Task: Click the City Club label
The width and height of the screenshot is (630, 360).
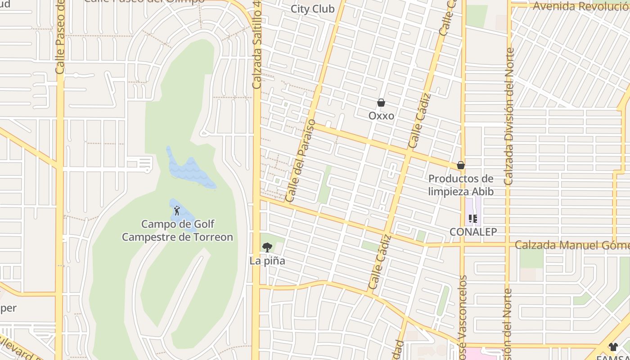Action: pos(312,9)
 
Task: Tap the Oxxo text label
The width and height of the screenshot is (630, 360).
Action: pos(381,116)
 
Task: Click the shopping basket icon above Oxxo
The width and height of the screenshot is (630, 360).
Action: pos(381,103)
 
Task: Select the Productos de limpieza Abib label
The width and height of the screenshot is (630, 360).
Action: pos(461,185)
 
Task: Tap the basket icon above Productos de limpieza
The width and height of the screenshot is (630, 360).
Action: pos(461,166)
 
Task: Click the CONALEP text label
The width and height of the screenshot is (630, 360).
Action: pos(473,232)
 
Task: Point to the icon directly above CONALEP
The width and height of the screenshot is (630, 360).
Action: pos(473,219)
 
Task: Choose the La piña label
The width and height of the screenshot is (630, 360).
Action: pos(267,261)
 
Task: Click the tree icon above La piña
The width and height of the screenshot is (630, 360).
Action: pos(267,247)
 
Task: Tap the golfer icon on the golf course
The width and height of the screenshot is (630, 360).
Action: pos(177,210)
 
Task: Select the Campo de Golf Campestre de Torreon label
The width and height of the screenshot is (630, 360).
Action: pos(177,230)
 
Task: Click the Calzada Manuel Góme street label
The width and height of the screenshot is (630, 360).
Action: pos(571,245)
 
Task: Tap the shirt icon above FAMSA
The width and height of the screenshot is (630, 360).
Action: pos(613,346)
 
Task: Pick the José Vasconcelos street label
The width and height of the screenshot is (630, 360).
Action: pos(463,317)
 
